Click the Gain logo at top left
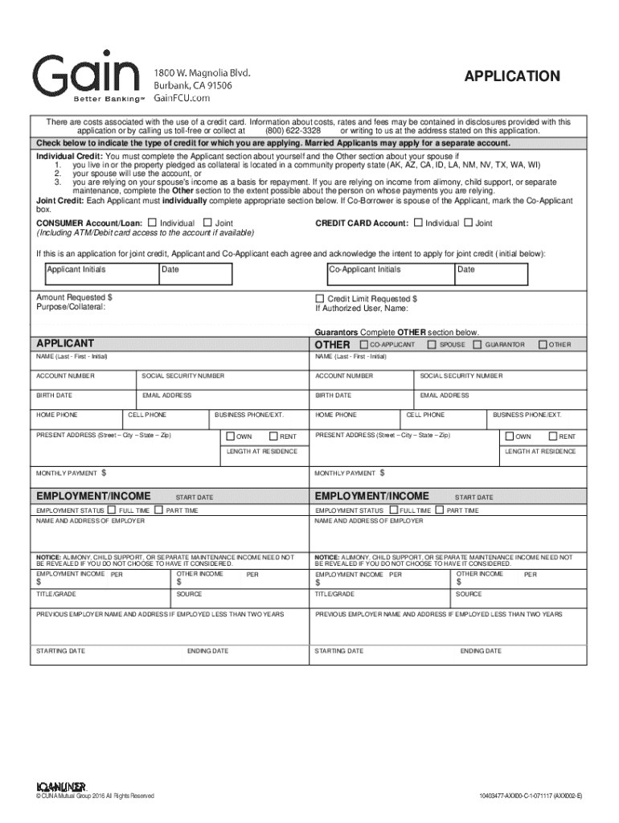pos(85,75)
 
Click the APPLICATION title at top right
pos(512,76)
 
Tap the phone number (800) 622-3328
pos(294,130)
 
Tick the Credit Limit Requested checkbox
pos(319,298)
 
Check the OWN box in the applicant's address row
pos(230,436)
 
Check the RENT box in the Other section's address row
pos(552,436)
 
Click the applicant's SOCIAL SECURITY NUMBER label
pos(183,375)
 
